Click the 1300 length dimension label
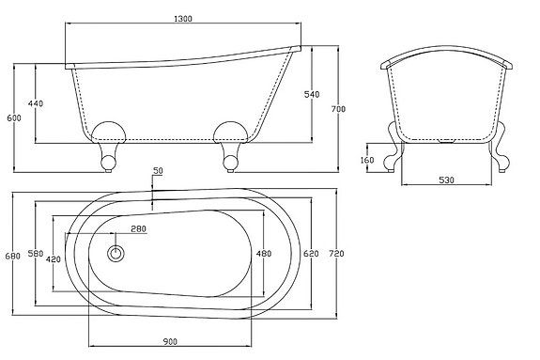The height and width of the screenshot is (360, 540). click(183, 19)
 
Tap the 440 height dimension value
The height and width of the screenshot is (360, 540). click(36, 103)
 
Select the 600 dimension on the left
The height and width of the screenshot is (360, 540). click(14, 117)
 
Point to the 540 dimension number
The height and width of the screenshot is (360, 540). click(312, 94)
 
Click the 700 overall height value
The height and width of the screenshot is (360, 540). click(338, 109)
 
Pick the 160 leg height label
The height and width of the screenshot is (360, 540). click(367, 161)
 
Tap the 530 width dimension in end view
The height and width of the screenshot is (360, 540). click(447, 180)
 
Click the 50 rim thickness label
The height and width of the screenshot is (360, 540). click(159, 171)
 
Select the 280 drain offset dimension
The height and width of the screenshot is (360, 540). click(138, 228)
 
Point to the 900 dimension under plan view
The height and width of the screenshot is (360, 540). click(170, 341)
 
